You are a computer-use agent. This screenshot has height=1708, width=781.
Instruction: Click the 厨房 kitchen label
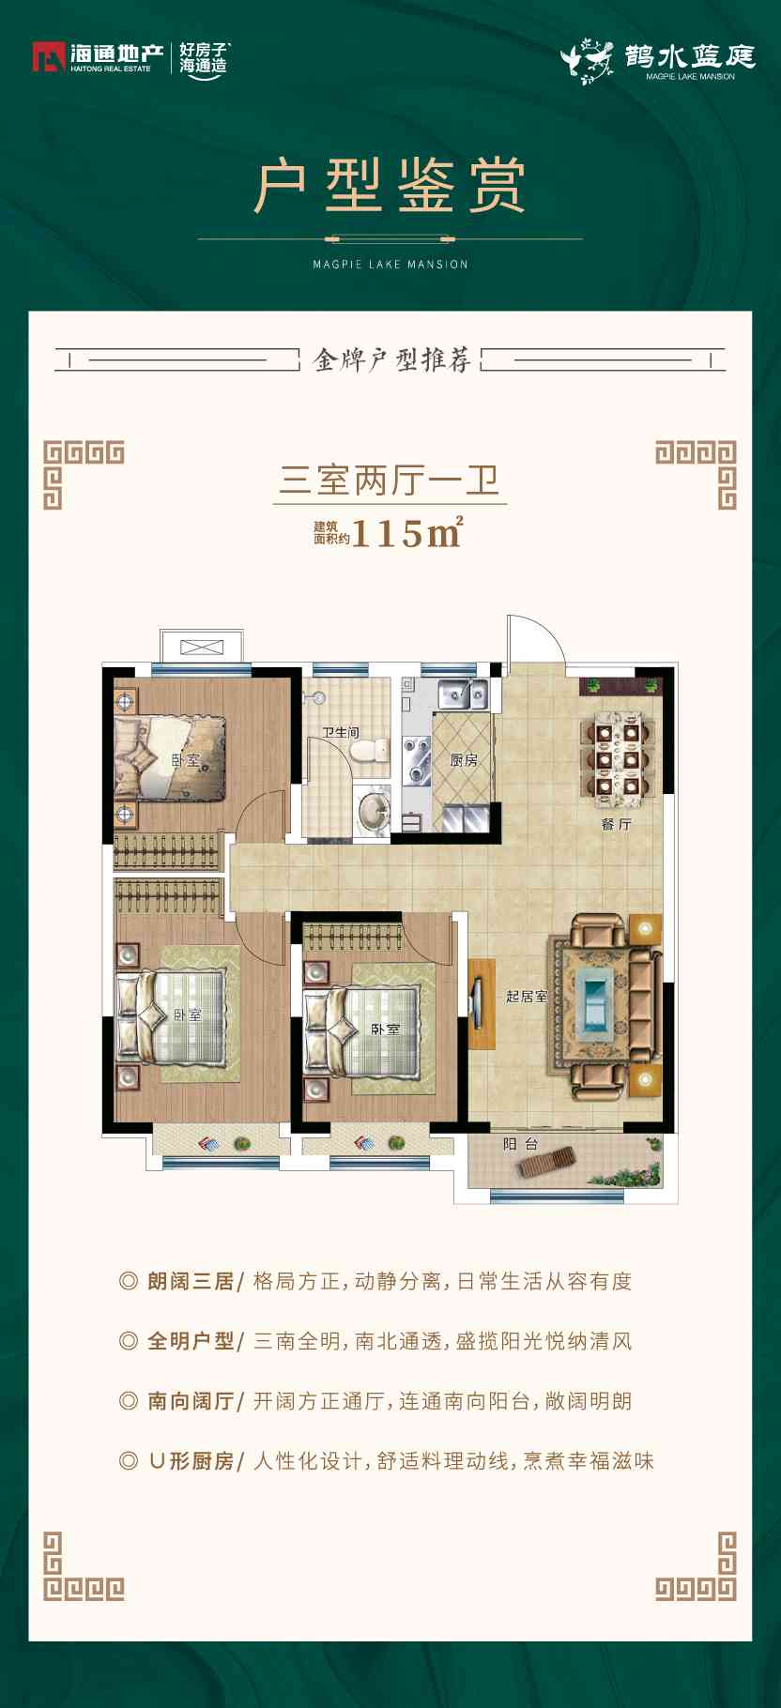(464, 760)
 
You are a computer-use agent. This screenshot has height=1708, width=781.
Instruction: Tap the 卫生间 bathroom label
(341, 732)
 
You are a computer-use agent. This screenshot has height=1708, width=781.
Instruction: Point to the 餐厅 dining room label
(616, 824)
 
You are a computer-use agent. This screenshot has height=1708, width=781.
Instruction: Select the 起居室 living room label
(526, 996)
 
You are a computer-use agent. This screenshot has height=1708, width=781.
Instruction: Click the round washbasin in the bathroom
(375, 811)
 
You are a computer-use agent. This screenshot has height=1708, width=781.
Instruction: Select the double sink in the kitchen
(464, 694)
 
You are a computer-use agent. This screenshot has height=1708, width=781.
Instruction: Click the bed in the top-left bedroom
(169, 758)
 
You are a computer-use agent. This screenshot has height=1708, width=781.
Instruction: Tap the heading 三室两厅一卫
(390, 480)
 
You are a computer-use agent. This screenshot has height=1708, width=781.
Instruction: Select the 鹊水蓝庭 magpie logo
(658, 61)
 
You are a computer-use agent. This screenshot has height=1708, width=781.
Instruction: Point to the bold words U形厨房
(191, 1460)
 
